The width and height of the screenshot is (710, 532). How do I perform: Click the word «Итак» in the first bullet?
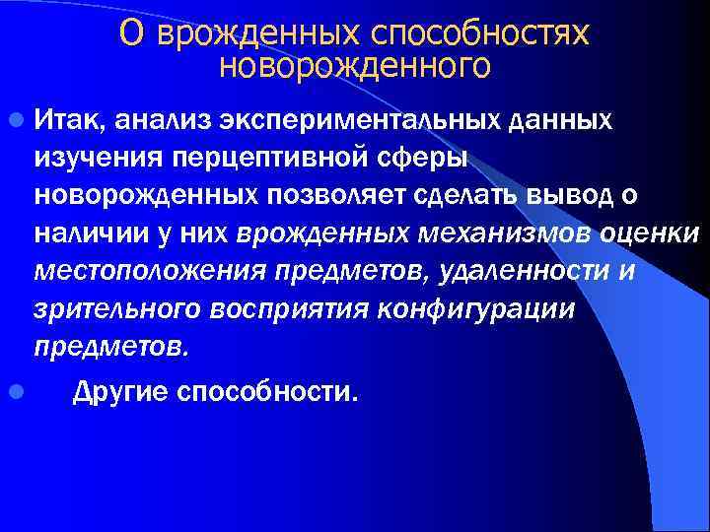[x=68, y=119]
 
